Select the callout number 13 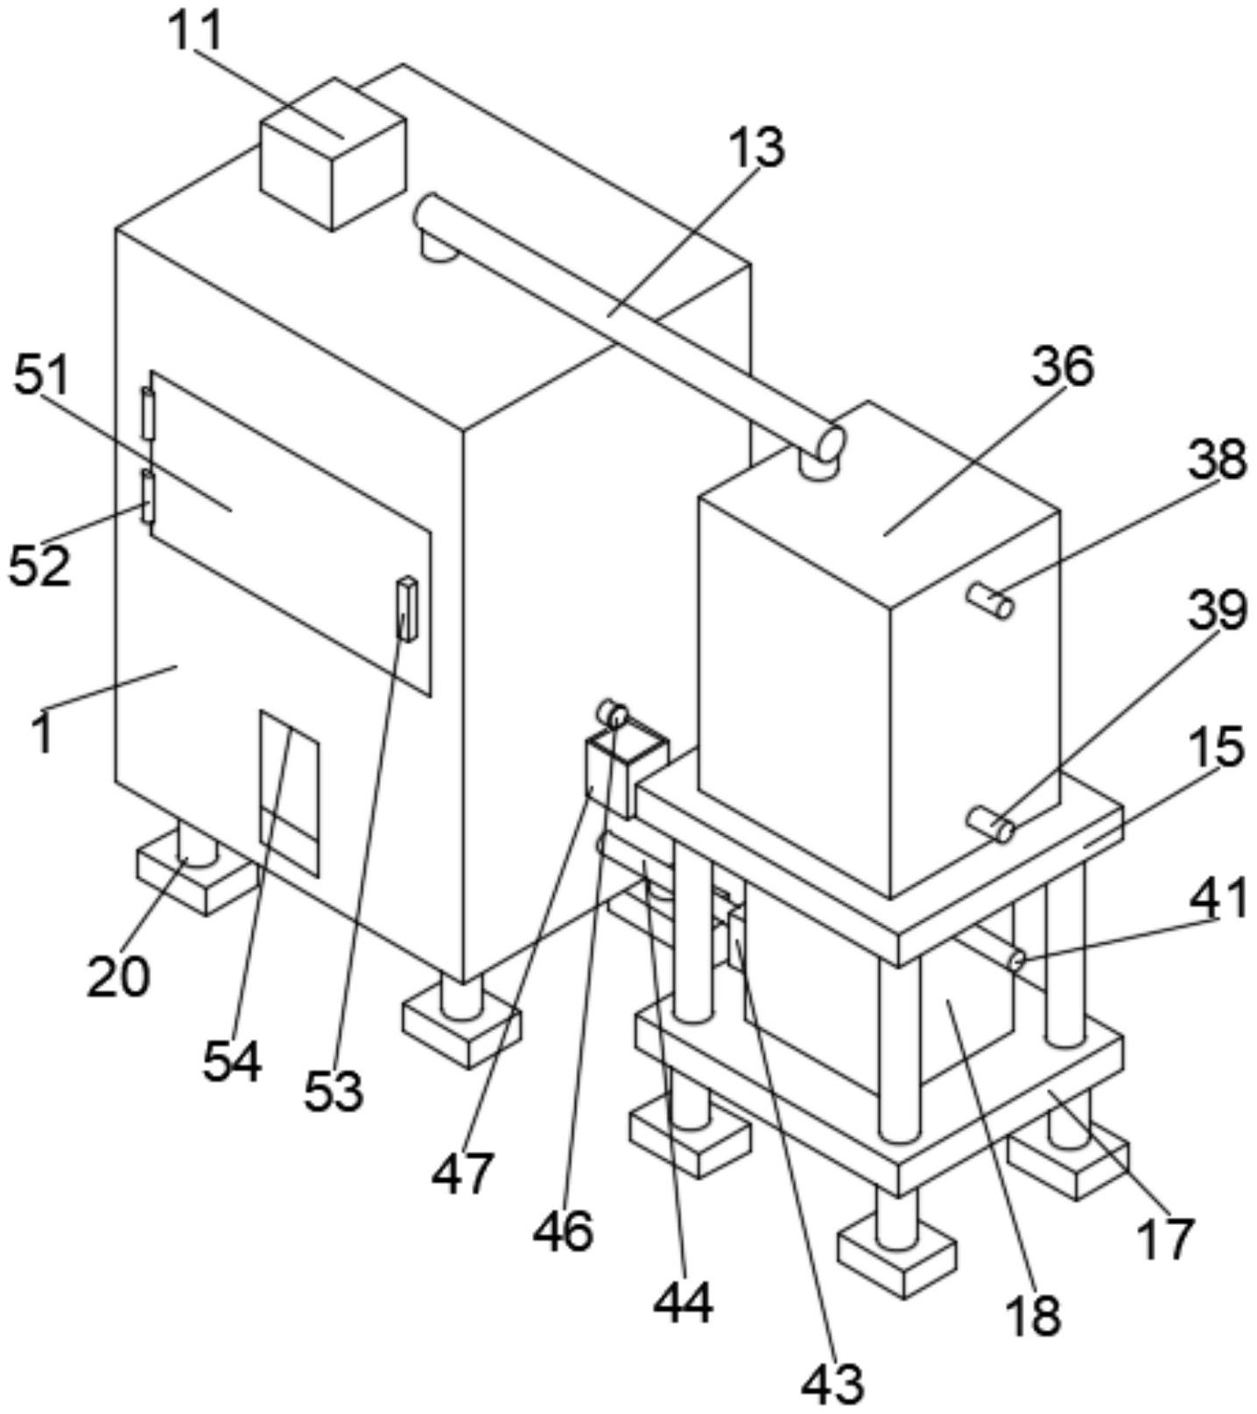pos(757,147)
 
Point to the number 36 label pos(1063,366)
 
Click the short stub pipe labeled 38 pos(990,601)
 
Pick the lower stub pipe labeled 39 pos(990,824)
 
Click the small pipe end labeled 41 pos(1016,960)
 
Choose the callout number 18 pos(1034,1313)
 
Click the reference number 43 pos(832,1381)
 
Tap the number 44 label pos(683,1302)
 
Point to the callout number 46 pos(564,1230)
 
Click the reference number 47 pos(463,1171)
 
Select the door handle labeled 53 pos(407,609)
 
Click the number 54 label pos(232,1061)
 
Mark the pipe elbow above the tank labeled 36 pos(824,451)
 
